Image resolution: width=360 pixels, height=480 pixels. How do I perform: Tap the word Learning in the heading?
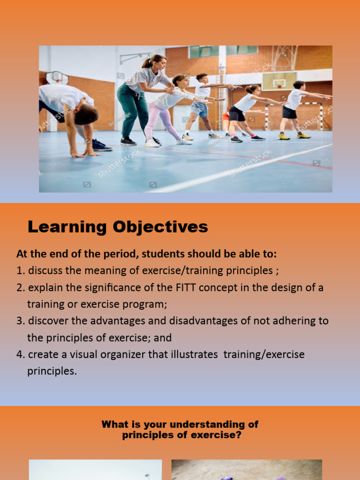tap(67, 227)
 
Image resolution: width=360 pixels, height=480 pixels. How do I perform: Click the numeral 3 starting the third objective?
tap(20, 321)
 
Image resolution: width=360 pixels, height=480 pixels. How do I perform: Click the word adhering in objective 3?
tap(295, 321)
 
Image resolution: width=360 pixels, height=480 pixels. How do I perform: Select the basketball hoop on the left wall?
tap(56, 78)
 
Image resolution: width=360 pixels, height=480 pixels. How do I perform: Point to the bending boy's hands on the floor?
tap(84, 153)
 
